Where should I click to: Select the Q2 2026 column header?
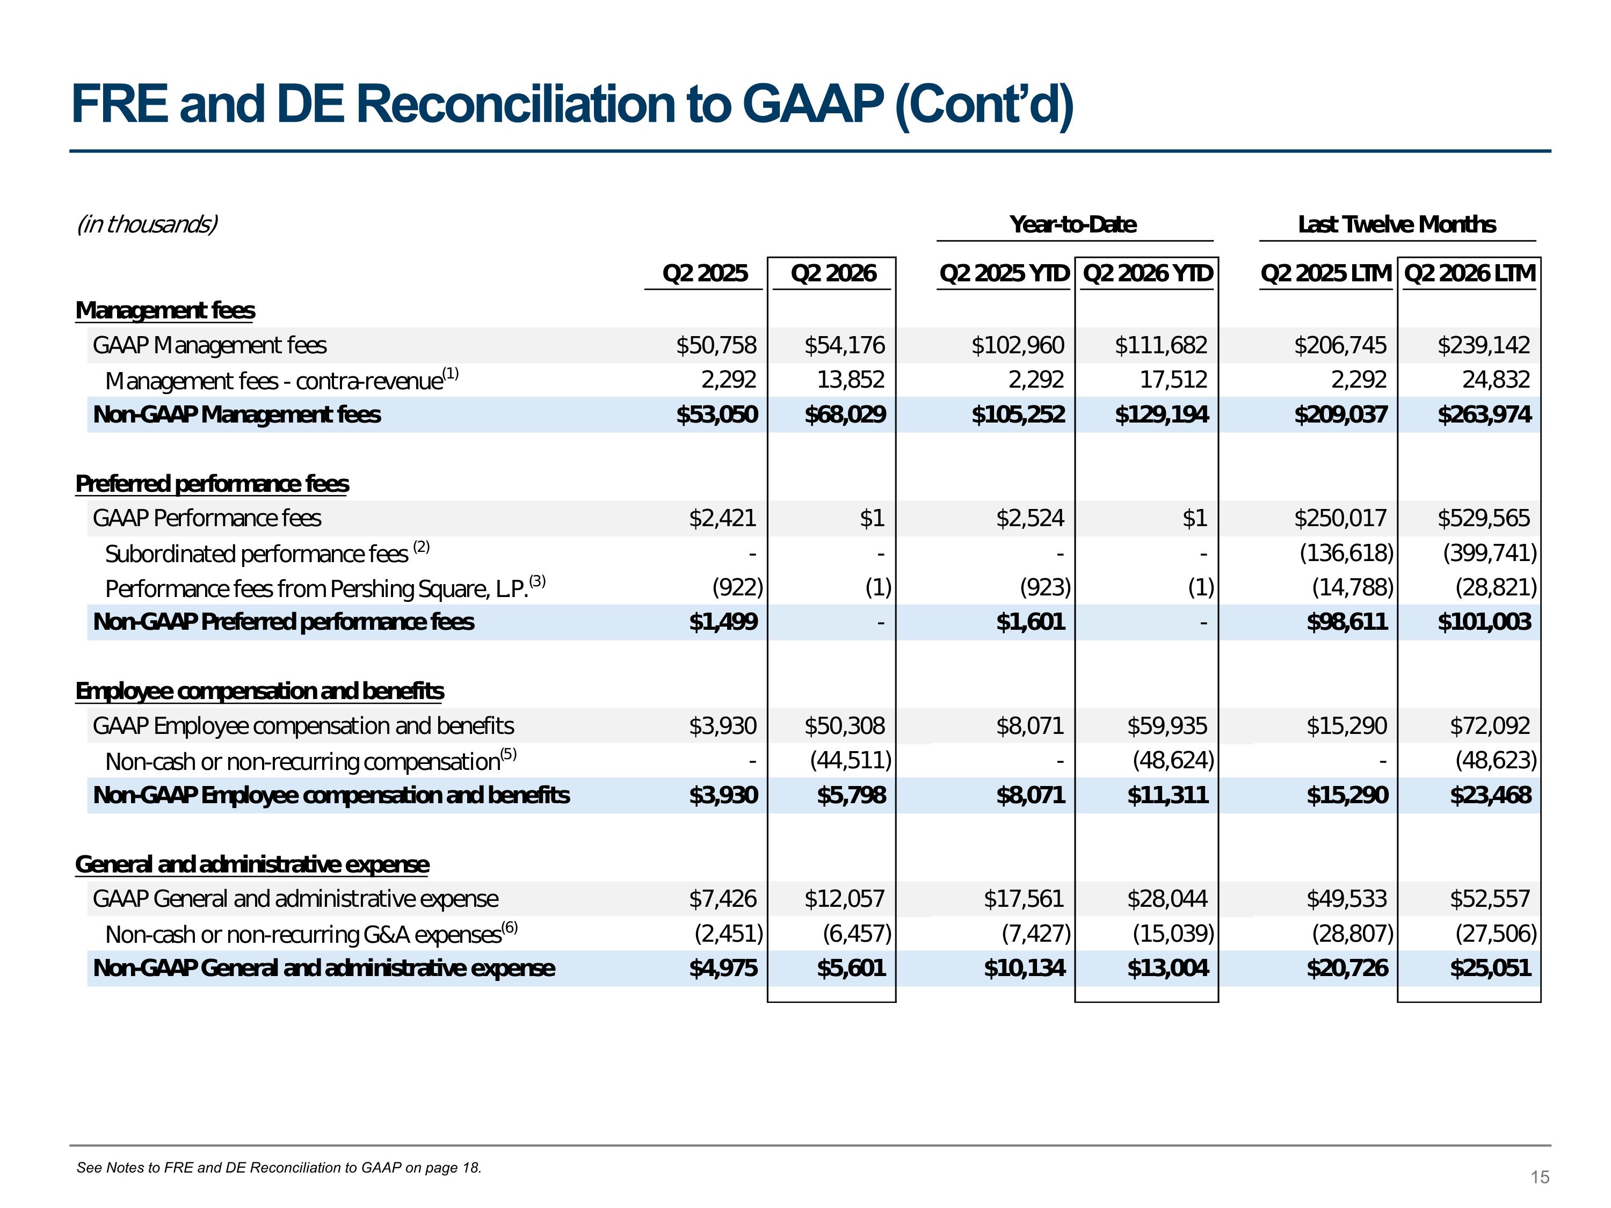pos(833,273)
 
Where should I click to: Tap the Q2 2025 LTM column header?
pos(1325,273)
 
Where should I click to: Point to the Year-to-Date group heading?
pos(1073,224)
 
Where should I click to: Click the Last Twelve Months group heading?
pos(1397,224)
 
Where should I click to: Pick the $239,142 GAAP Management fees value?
pos(1484,345)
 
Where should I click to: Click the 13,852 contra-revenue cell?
pos(850,380)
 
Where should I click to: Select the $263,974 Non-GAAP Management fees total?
pos(1484,414)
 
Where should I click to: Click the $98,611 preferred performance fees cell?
pos(1347,622)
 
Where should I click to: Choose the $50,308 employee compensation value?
pos(844,726)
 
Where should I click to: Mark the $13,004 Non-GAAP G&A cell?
pos(1167,969)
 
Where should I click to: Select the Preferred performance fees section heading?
pos(212,484)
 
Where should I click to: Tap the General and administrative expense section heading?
pos(252,864)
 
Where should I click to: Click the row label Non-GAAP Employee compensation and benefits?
pos(331,795)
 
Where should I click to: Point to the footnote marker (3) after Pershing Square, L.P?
pos(538,581)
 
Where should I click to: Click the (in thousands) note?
pos(147,224)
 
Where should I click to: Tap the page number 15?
pos(1540,1177)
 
